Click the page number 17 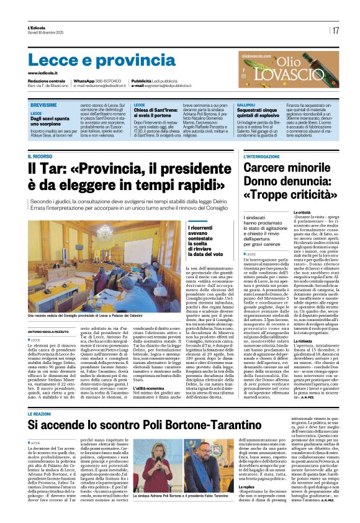click(x=335, y=30)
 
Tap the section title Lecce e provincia click(x=93, y=60)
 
